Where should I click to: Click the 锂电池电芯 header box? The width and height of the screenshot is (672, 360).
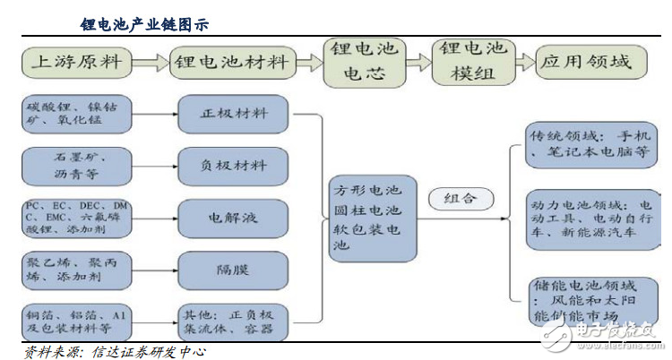[365, 62]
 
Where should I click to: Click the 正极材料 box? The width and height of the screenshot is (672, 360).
[234, 114]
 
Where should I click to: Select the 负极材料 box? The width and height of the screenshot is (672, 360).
[234, 165]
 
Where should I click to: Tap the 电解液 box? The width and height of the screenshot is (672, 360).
[234, 217]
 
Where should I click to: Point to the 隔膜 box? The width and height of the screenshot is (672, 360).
[234, 268]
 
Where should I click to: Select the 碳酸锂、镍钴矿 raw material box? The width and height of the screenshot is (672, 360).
[78, 114]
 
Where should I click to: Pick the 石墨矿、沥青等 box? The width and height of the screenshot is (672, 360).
[78, 165]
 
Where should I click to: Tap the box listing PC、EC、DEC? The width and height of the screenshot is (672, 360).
[78, 217]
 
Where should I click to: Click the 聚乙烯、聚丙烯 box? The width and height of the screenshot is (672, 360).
[78, 268]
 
